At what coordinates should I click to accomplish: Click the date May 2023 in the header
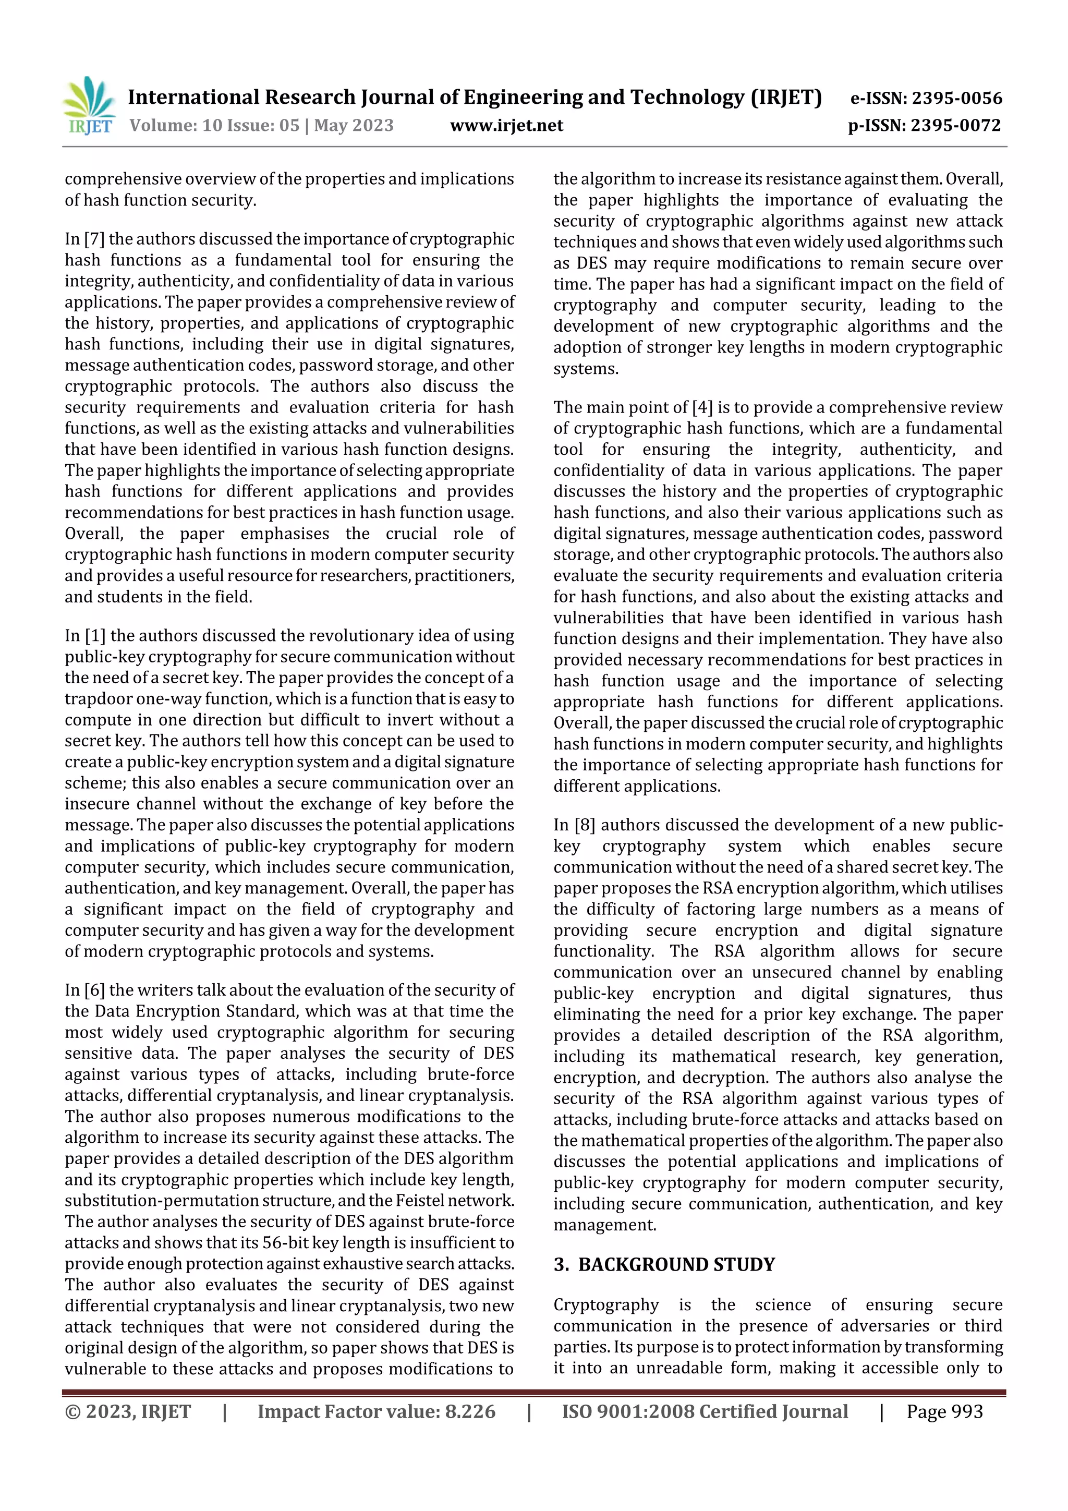354,126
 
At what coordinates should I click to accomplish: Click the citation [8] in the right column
585,825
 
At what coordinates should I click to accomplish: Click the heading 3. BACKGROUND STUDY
664,1264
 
